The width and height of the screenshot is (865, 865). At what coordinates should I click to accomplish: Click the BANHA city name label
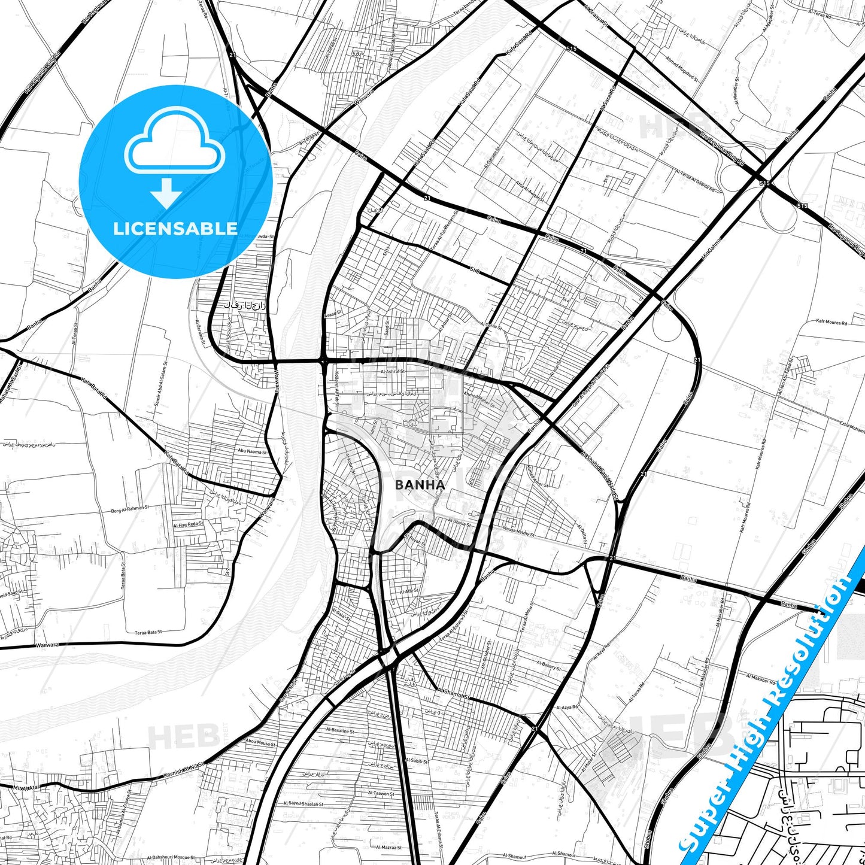click(420, 485)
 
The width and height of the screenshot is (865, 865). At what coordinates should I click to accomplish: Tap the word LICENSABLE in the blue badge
click(175, 229)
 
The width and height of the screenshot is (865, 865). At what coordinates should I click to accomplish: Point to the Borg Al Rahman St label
click(130, 509)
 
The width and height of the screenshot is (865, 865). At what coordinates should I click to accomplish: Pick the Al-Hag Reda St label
click(189, 524)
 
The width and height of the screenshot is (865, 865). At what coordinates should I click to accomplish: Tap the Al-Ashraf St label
click(392, 372)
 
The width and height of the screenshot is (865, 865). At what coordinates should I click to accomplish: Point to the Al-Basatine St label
click(340, 730)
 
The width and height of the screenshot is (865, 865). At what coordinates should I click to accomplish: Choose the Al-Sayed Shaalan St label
click(303, 804)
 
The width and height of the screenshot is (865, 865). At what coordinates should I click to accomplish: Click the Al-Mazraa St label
click(388, 847)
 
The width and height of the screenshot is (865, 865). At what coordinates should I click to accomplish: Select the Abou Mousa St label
click(260, 742)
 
